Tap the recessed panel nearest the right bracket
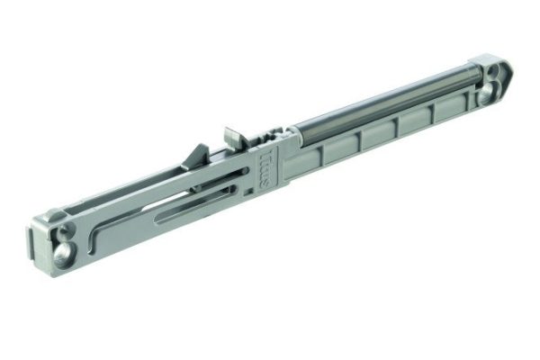tap(445, 112)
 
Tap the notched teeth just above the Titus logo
tap(271, 138)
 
